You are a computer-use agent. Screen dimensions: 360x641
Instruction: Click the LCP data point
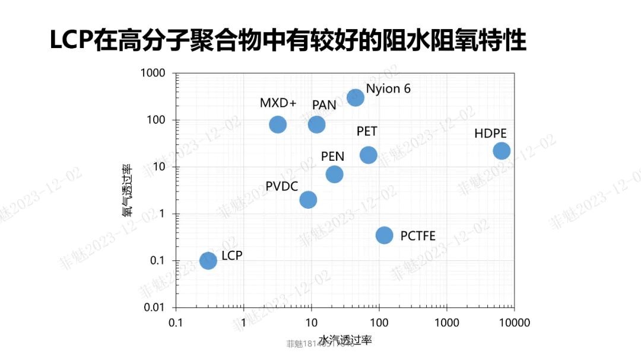coord(208,260)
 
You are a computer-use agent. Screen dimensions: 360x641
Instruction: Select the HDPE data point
coord(502,151)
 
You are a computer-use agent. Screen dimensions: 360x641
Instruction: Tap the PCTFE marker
coord(385,235)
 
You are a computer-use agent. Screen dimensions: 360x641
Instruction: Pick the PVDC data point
coord(308,199)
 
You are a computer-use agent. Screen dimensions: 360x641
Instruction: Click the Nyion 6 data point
coord(355,98)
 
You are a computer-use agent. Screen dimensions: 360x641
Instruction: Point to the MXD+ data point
coord(278,125)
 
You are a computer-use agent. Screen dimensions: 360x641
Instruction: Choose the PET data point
coord(369,155)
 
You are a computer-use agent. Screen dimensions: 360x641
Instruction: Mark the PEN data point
coord(334,174)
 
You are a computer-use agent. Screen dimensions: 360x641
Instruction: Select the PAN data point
coord(316,125)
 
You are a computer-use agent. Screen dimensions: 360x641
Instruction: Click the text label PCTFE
coord(418,236)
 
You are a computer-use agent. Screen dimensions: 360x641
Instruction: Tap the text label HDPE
coord(491,133)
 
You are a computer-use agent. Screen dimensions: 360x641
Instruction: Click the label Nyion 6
coord(388,89)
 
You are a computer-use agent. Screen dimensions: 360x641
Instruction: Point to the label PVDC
coord(282,186)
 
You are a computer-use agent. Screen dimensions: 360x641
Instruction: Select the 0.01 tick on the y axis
coord(156,307)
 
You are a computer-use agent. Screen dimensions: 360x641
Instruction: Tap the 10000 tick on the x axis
coord(514,323)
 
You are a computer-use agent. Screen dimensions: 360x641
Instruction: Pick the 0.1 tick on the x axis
coord(175,323)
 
